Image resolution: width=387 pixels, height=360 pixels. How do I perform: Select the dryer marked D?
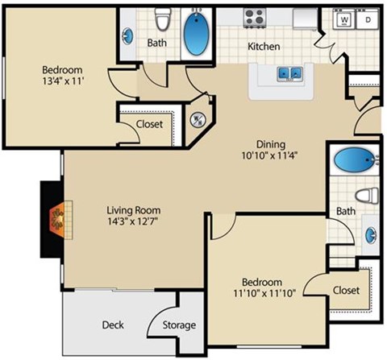pyautogui.click(x=367, y=19)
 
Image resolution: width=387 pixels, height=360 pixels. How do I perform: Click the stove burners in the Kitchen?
pyautogui.click(x=254, y=16)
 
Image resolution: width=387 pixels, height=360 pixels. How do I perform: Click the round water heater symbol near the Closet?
pyautogui.click(x=196, y=121)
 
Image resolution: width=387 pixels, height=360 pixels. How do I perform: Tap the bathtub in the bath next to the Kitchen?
pyautogui.click(x=196, y=31)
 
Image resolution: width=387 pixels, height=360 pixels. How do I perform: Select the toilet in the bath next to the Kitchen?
pyautogui.click(x=164, y=18)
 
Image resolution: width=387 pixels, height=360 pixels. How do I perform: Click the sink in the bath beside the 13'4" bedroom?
pyautogui.click(x=129, y=36)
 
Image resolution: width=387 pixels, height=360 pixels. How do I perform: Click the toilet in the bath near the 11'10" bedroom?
pyautogui.click(x=368, y=195)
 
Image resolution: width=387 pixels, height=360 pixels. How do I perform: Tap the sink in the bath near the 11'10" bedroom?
pyautogui.click(x=372, y=235)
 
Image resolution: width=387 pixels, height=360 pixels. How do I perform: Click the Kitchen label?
pyautogui.click(x=264, y=46)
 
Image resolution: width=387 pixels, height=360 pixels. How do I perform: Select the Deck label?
pyautogui.click(x=113, y=325)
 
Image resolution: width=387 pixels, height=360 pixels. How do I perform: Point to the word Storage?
pyautogui.click(x=179, y=325)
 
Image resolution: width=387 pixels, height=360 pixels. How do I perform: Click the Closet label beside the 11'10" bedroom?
pyautogui.click(x=345, y=290)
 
